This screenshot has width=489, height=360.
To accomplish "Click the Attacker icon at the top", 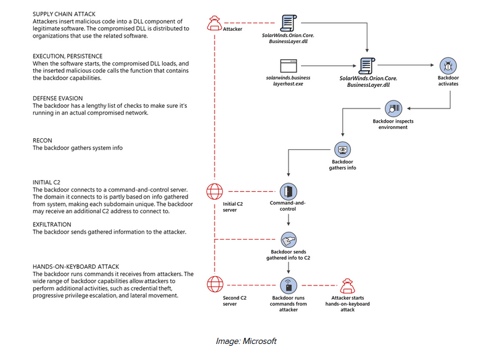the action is click(x=215, y=23).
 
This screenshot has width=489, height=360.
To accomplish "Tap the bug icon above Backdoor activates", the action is click(x=448, y=66).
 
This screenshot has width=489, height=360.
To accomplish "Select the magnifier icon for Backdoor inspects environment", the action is click(x=393, y=108).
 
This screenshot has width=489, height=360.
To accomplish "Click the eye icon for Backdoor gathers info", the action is click(x=342, y=149).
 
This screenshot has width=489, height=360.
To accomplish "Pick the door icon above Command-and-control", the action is click(x=288, y=191).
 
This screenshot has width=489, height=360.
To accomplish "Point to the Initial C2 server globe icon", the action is click(x=215, y=191).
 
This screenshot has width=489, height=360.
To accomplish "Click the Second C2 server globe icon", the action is click(x=215, y=284).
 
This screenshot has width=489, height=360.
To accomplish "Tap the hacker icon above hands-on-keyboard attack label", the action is click(x=347, y=286).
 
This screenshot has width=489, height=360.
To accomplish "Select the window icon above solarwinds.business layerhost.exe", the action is click(x=289, y=66).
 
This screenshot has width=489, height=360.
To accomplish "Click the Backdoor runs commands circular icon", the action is click(x=289, y=285).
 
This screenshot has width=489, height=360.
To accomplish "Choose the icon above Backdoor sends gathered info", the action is click(x=289, y=240).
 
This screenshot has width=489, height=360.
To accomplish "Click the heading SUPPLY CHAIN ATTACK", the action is click(x=64, y=14).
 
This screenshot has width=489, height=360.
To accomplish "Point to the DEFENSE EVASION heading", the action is click(x=58, y=98).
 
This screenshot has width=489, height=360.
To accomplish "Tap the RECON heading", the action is click(x=43, y=141).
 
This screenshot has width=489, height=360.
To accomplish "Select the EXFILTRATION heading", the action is click(x=52, y=224).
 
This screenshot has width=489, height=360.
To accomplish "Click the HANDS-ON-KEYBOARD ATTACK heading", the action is click(x=76, y=266).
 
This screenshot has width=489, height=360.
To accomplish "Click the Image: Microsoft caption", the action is click(x=246, y=341).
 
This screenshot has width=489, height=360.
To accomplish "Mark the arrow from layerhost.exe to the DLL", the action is click(x=329, y=66).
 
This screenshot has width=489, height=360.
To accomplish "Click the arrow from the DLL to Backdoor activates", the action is click(x=405, y=65).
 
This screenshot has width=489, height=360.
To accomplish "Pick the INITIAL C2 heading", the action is click(x=46, y=182).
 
